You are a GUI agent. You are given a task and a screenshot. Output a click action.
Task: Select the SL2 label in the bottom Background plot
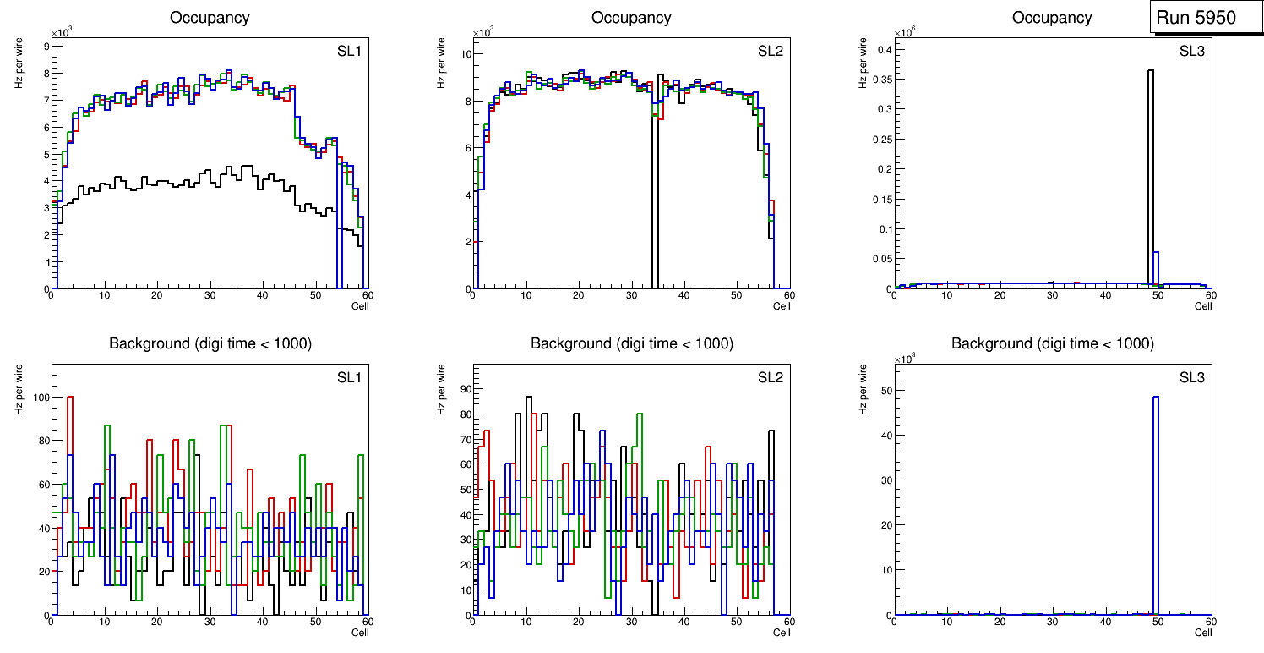click(770, 377)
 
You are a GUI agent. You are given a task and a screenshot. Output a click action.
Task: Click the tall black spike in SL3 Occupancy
click(1151, 169)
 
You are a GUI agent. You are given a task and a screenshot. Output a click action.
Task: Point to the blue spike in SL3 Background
click(1156, 508)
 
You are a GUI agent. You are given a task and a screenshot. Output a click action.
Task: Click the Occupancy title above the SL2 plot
click(631, 18)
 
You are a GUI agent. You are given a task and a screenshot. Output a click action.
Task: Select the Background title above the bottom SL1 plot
click(210, 343)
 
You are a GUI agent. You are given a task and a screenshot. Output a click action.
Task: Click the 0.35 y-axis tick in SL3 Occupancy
click(880, 80)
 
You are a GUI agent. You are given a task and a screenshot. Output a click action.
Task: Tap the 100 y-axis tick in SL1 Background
click(38, 397)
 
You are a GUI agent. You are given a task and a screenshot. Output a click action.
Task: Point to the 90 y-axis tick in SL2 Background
click(461, 389)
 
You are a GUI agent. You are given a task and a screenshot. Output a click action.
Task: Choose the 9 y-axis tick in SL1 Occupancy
click(45, 46)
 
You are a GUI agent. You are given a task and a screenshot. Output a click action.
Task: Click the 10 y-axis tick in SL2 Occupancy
click(463, 54)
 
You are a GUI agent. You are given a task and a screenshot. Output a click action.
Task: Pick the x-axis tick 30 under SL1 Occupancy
click(210, 295)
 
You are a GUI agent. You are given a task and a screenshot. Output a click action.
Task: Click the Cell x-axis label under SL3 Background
click(1203, 632)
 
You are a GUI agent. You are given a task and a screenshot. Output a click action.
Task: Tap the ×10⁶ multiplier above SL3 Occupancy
click(904, 32)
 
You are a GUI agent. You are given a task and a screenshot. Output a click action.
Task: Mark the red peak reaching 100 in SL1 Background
click(70, 397)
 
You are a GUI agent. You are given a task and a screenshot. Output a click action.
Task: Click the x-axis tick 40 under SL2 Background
click(684, 622)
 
